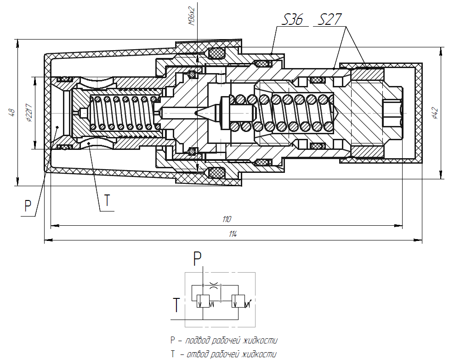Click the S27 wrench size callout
click(330, 20)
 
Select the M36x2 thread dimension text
click(192, 16)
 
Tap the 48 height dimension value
click(11, 112)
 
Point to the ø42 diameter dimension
click(435, 113)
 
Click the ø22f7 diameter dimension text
click(29, 113)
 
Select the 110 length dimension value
click(227, 219)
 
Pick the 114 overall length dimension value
click(233, 234)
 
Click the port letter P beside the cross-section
click(28, 206)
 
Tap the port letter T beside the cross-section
click(107, 200)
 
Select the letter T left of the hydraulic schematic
click(176, 305)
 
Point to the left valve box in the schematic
click(203, 301)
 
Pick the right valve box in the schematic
click(238, 301)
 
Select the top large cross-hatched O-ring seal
click(216, 52)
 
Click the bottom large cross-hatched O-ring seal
click(216, 173)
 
